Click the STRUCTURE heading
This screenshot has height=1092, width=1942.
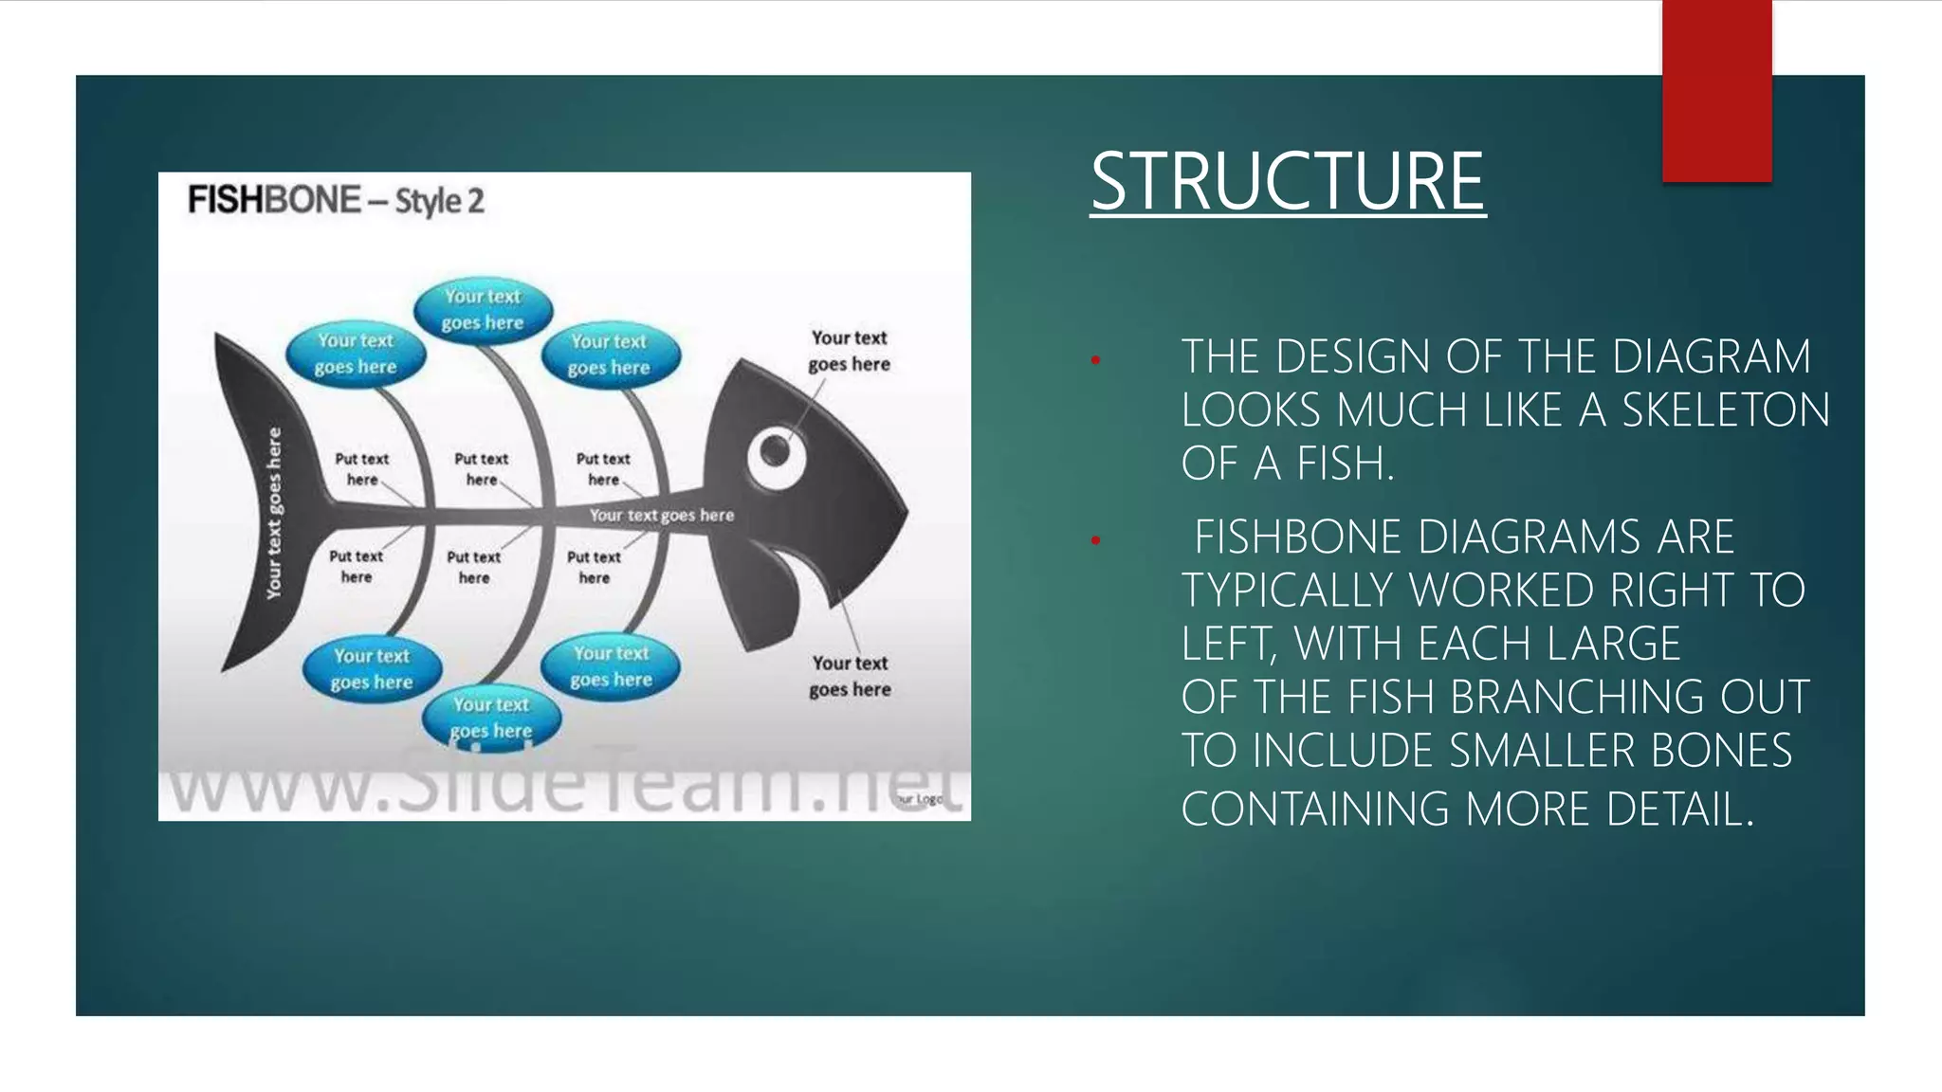coord(1287,182)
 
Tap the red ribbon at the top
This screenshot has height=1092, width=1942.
coord(1716,90)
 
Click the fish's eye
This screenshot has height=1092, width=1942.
coord(776,452)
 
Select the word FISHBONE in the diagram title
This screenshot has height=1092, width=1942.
coord(274,200)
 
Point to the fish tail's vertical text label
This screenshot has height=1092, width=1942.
coord(274,513)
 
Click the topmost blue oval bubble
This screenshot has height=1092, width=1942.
coord(483,310)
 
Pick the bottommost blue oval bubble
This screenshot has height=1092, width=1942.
coord(491,718)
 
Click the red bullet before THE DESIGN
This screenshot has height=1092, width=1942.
coord(1095,360)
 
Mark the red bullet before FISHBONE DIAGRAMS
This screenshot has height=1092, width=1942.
coord(1095,540)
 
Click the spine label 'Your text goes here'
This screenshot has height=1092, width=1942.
coord(661,516)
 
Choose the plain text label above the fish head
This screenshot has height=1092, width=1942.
coord(849,351)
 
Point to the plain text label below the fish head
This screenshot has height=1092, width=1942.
coord(850,676)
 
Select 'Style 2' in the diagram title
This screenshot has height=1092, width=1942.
coord(439,201)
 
